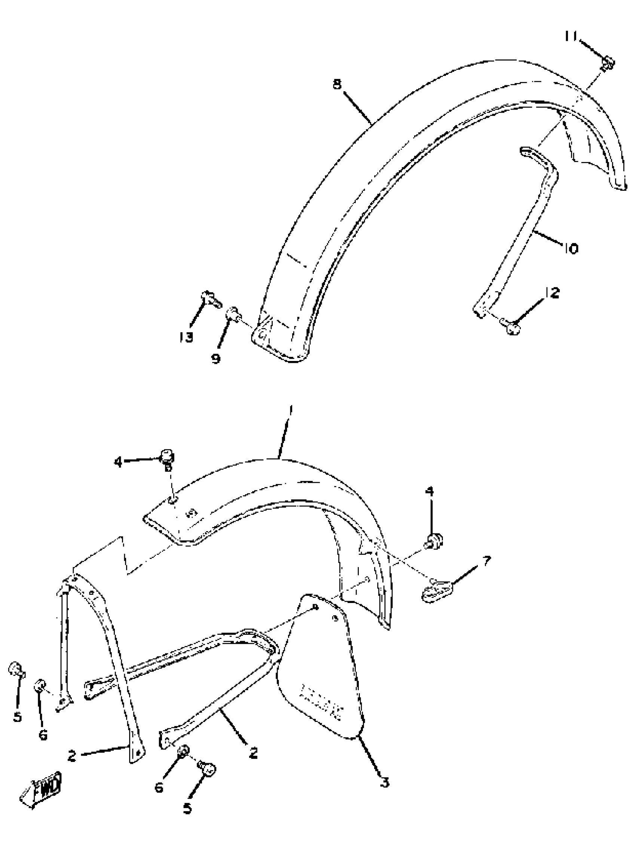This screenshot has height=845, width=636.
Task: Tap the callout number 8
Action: [x=337, y=84]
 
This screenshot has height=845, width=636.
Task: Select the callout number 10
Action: [x=571, y=248]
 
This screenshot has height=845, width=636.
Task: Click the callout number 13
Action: [x=186, y=337]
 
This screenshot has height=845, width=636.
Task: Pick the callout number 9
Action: [x=216, y=359]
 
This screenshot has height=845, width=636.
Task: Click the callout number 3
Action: [x=385, y=783]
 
